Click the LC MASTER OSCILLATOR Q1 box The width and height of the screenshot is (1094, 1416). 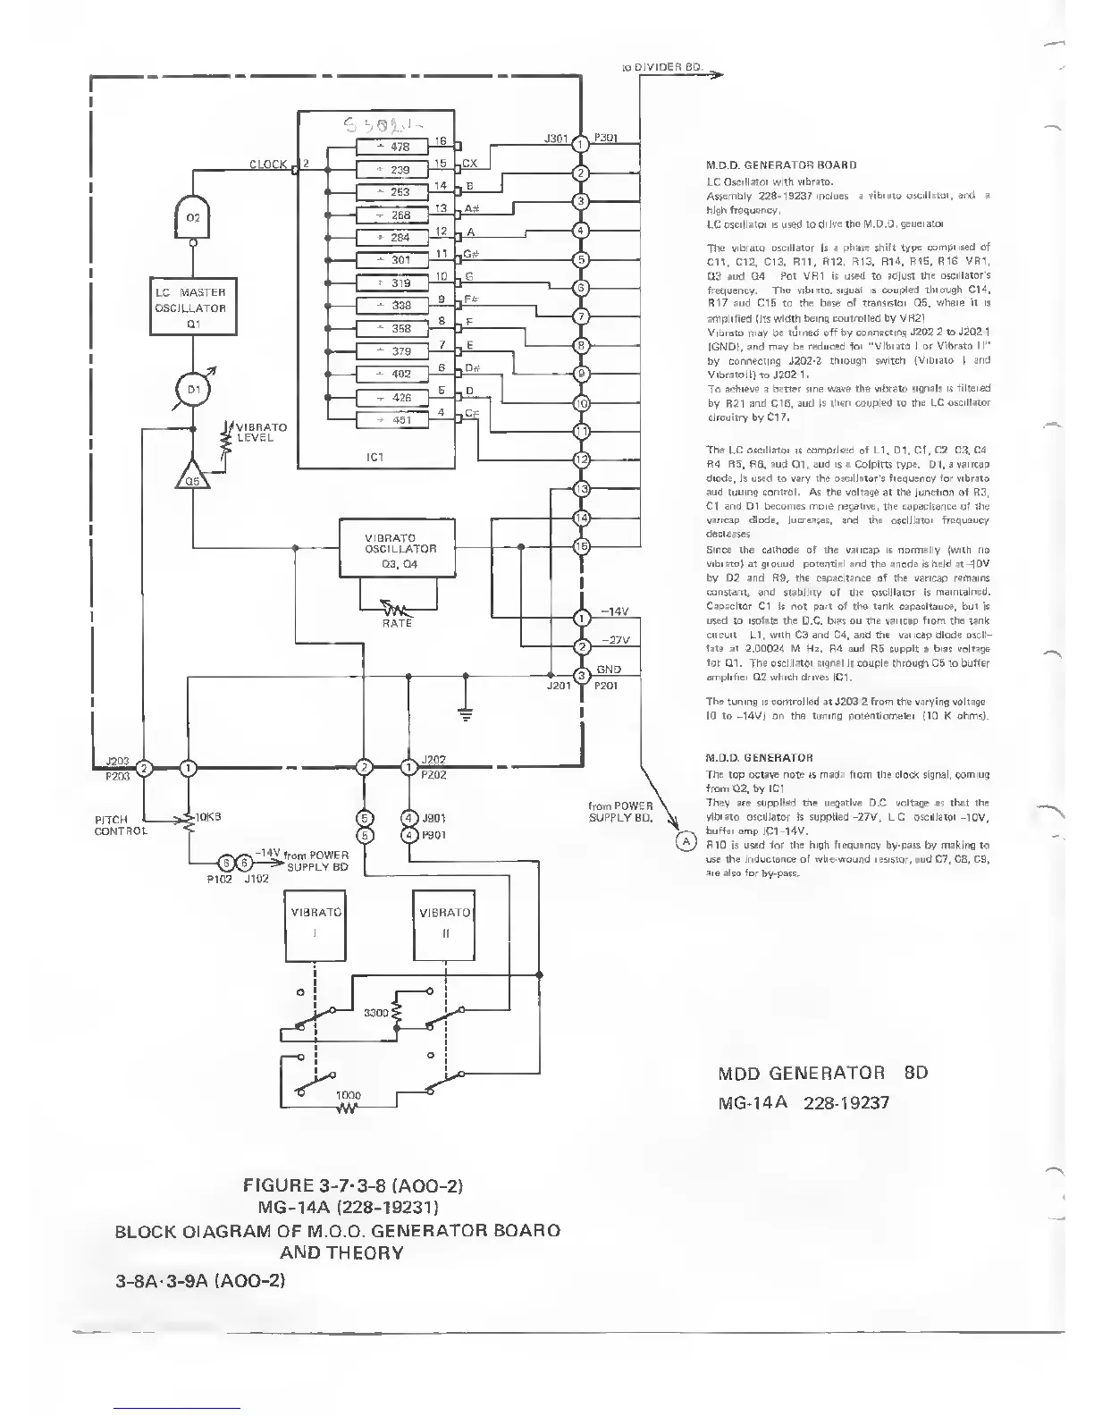coord(190,308)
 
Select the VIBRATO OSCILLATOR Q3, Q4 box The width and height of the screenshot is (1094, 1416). coord(400,550)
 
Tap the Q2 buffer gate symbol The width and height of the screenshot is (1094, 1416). coord(193,216)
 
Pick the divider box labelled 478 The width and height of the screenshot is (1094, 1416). coord(394,147)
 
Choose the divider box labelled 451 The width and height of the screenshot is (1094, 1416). coord(394,420)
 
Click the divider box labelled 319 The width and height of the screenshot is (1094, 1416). coord(394,283)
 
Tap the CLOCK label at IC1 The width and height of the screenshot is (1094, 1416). coord(268,164)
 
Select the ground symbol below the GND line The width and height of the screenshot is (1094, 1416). coord(465,712)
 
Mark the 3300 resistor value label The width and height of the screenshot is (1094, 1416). coord(375,1013)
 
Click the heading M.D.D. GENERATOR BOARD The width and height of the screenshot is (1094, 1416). coord(781,165)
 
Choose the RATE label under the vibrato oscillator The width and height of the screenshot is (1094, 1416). coord(397,623)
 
